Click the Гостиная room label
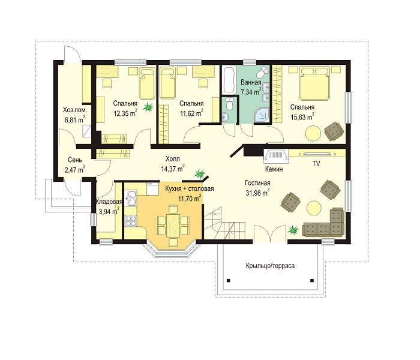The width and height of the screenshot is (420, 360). tap(257, 183)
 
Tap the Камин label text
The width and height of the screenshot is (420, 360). tap(274, 169)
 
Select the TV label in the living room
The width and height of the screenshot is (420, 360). tap(316, 164)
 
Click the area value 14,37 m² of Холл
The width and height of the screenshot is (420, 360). tap(173, 169)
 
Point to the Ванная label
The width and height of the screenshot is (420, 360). tap(251, 82)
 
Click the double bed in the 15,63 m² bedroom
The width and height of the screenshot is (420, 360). tap(314, 83)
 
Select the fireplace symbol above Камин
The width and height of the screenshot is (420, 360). tap(276, 156)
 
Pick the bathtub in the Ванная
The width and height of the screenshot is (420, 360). tap(229, 80)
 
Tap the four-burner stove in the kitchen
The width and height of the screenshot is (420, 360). tap(131, 220)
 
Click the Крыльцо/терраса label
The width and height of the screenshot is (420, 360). tap(270, 266)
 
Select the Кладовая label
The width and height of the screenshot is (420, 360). tap(109, 202)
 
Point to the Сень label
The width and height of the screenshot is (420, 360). tap(75, 160)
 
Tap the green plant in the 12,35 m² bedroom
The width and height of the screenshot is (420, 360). tap(148, 107)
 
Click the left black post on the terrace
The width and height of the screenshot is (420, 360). tap(228, 280)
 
